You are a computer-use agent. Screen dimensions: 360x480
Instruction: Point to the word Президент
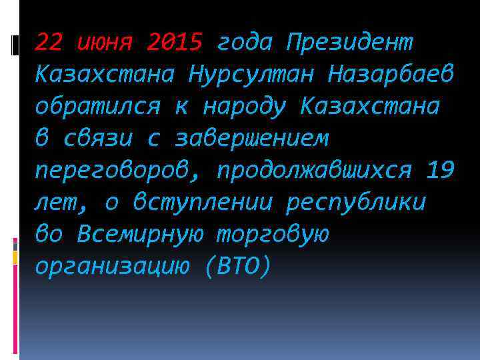click(349, 43)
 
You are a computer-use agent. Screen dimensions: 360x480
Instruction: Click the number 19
click(440, 170)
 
